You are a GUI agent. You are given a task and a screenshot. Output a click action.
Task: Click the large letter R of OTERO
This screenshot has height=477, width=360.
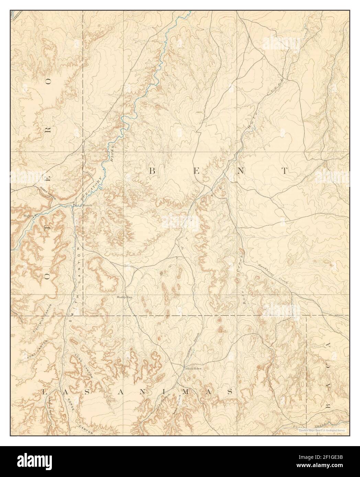(48, 130)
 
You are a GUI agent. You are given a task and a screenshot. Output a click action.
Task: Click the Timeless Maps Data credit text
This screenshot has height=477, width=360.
(322, 430)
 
